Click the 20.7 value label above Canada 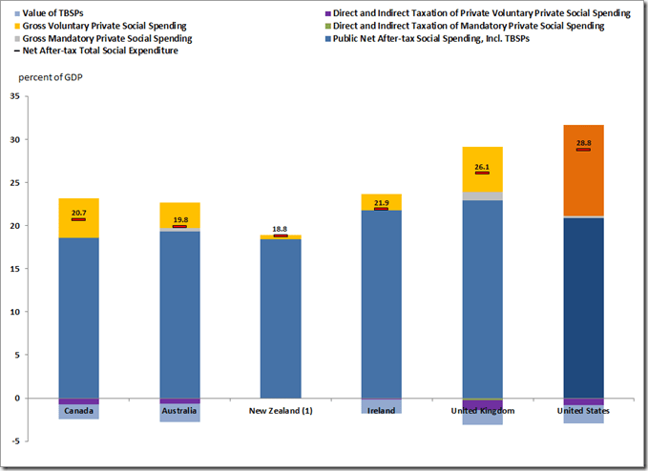tap(78, 212)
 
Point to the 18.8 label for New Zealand tap(280, 229)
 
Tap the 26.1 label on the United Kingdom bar tap(482, 166)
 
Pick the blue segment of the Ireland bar tap(381, 305)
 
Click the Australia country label tap(179, 411)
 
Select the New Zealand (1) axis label tap(281, 411)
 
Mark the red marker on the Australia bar tap(179, 226)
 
